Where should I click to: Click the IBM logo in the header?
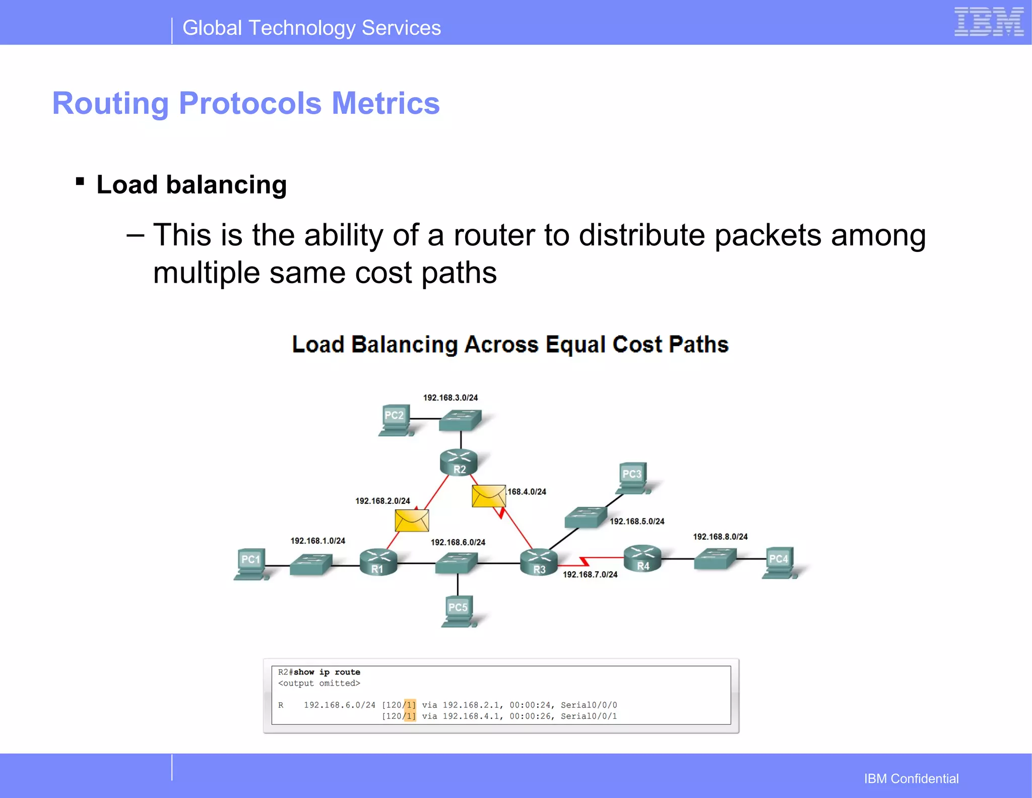(x=989, y=22)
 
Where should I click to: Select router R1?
(x=378, y=562)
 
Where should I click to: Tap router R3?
(x=539, y=561)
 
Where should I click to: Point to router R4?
(x=642, y=558)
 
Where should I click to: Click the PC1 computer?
(x=251, y=564)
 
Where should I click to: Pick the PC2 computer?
(x=396, y=420)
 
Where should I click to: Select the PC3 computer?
(x=632, y=478)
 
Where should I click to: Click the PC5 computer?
(x=458, y=611)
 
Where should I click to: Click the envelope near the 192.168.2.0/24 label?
(x=412, y=520)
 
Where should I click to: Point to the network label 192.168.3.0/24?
(x=450, y=397)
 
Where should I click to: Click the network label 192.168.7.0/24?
(x=590, y=574)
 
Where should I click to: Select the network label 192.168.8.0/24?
(x=720, y=537)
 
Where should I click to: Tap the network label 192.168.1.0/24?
(x=317, y=541)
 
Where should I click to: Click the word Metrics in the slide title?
(x=385, y=103)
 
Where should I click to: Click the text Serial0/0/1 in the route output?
(x=589, y=716)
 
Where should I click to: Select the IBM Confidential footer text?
(x=911, y=778)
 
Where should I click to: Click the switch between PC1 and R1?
(x=311, y=564)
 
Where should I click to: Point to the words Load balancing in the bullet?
(x=191, y=184)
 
